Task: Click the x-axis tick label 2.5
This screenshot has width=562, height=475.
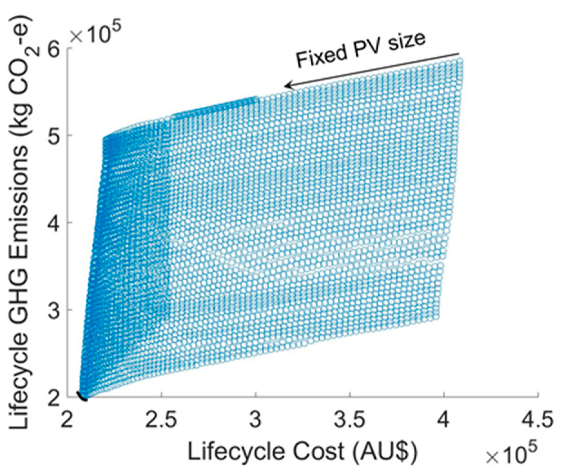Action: (161, 420)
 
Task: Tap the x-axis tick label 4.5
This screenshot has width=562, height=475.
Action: (538, 420)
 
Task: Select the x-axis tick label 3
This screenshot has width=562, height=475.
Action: (256, 420)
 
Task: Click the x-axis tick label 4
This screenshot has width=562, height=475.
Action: (444, 420)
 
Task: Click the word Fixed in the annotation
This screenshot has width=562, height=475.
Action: (321, 57)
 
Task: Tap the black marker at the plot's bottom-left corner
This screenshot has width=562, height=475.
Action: (82, 396)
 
